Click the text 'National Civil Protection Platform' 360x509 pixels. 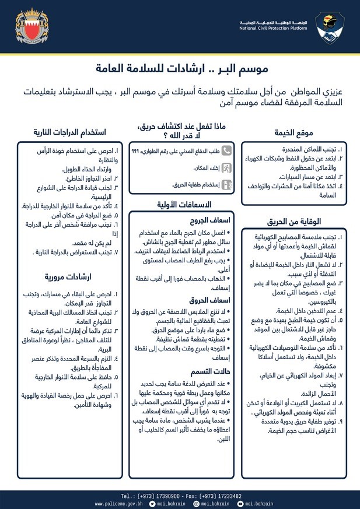pos(274,27)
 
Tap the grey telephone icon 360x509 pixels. pos(226,150)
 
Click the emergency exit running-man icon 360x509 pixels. pos(226,167)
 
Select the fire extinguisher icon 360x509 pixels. pos(226,184)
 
